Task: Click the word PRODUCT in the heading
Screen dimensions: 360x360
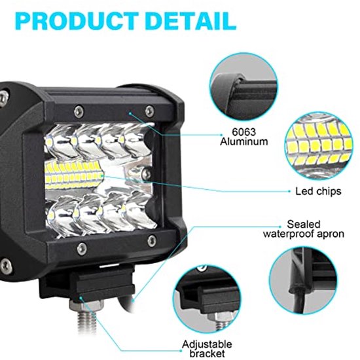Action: (x=77, y=21)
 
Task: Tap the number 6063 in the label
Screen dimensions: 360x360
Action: (x=244, y=132)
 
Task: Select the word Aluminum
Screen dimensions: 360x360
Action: (x=244, y=141)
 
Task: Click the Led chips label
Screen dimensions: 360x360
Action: (x=318, y=191)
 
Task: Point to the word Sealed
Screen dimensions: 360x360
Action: (x=304, y=225)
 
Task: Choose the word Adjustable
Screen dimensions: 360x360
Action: (x=207, y=344)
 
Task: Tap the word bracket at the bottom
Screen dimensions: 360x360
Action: (x=207, y=354)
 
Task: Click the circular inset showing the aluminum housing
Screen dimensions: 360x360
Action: (x=243, y=86)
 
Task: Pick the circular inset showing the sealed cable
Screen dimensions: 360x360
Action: (x=303, y=280)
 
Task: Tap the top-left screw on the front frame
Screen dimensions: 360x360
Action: (x=79, y=112)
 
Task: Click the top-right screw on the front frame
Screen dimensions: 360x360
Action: (x=150, y=111)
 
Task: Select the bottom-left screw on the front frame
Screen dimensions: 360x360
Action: (x=82, y=249)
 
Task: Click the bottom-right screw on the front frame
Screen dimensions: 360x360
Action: (x=152, y=241)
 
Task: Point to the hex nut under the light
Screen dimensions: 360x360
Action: (x=86, y=305)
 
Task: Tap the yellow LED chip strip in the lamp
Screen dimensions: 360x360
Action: (x=74, y=175)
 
